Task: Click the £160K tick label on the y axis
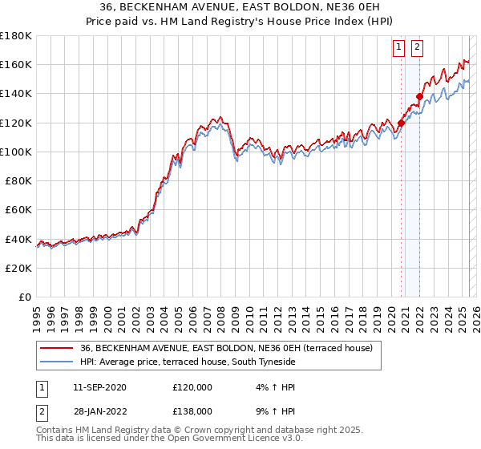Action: click(17, 64)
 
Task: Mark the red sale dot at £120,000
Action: click(401, 123)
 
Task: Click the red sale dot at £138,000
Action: click(419, 96)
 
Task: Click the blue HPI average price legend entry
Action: click(188, 362)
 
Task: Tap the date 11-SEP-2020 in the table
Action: click(99, 387)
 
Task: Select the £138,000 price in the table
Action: click(192, 411)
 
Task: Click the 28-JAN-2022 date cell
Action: click(99, 411)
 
